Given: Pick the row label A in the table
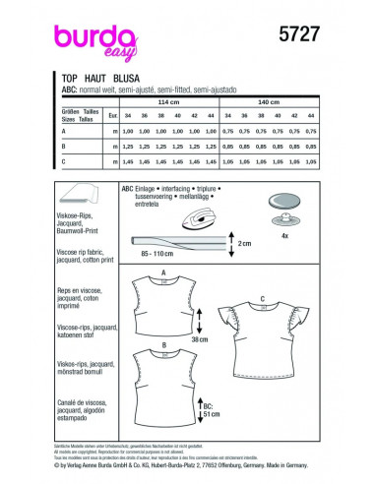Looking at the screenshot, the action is point(63,130).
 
